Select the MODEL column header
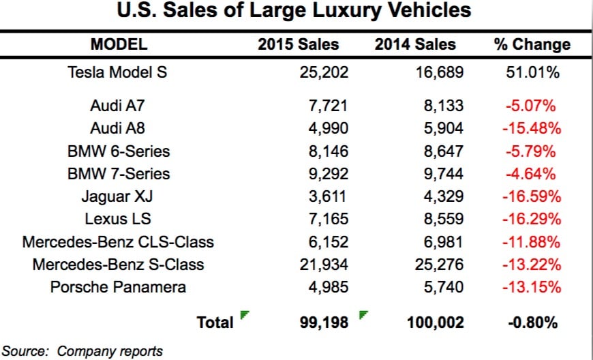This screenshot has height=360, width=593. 119,45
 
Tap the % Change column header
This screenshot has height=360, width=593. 532,45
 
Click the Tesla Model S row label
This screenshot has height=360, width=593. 117,72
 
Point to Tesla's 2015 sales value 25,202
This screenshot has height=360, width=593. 319,72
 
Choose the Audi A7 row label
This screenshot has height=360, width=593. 117,106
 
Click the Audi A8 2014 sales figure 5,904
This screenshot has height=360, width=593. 443,128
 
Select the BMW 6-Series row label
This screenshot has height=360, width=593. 118,151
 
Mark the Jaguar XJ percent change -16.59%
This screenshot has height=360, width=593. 531,196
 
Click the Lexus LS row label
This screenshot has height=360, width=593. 118,219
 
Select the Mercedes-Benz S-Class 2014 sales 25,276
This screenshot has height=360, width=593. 438,264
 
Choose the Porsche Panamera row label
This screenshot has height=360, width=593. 118,286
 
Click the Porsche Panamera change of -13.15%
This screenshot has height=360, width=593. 531,286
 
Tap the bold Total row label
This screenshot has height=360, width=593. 215,322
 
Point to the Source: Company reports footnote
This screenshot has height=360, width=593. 83,351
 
